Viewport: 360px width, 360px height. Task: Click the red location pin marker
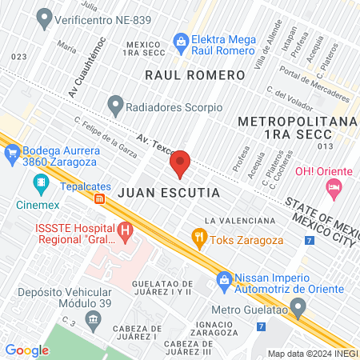tap(181, 164)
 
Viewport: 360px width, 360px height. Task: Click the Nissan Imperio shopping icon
tap(223, 279)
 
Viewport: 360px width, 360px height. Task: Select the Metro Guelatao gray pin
tap(299, 306)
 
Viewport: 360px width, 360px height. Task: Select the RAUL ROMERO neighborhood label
tap(194, 74)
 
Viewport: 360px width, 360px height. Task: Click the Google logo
tap(26, 350)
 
